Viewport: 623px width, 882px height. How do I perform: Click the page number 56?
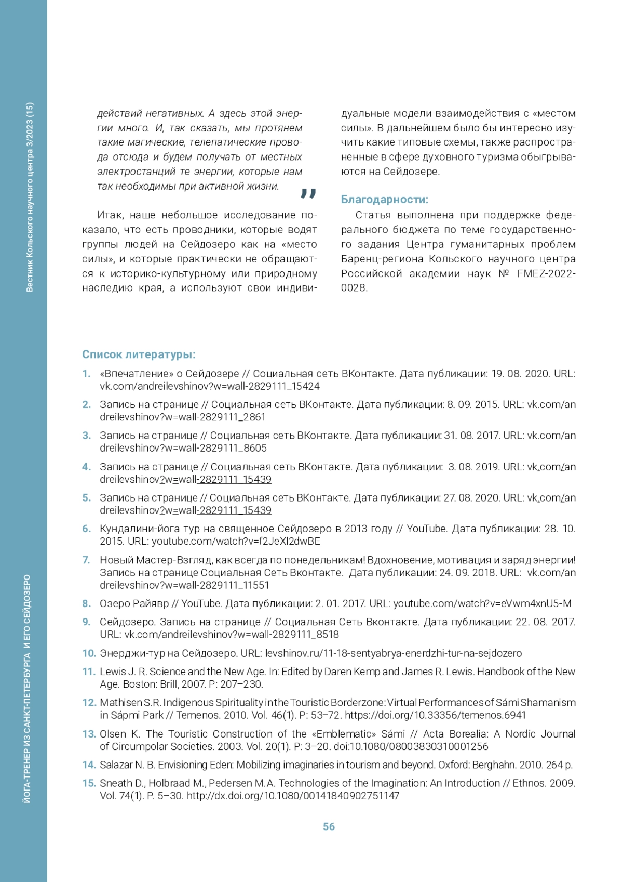pyautogui.click(x=329, y=826)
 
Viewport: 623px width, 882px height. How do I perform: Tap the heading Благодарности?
pyautogui.click(x=384, y=200)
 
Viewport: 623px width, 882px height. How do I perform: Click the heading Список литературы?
pyautogui.click(x=139, y=354)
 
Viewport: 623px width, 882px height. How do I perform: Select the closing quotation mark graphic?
pyautogui.click(x=308, y=194)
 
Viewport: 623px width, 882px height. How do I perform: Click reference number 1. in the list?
pyautogui.click(x=87, y=374)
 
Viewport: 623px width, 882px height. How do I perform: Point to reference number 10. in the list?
pyautogui.click(x=89, y=653)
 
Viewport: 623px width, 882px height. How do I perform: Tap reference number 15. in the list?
pyautogui.click(x=89, y=783)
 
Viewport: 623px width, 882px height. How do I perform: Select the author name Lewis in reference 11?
pyautogui.click(x=113, y=672)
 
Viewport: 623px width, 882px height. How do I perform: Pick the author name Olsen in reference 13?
pyautogui.click(x=113, y=734)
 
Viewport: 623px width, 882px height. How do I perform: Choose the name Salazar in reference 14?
pyautogui.click(x=116, y=765)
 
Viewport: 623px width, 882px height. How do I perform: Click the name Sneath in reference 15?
pyautogui.click(x=115, y=783)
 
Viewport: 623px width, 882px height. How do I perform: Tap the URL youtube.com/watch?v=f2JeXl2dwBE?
pyautogui.click(x=236, y=542)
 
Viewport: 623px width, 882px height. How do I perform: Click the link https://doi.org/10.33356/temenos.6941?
pyautogui.click(x=435, y=715)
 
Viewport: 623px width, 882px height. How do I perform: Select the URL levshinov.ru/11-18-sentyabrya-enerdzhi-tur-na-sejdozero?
pyautogui.click(x=393, y=653)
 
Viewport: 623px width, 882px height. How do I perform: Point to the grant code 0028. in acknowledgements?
pyautogui.click(x=354, y=288)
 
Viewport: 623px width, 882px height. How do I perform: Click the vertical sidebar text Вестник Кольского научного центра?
pyautogui.click(x=30, y=198)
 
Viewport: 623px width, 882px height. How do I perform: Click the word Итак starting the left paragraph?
pyautogui.click(x=110, y=215)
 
